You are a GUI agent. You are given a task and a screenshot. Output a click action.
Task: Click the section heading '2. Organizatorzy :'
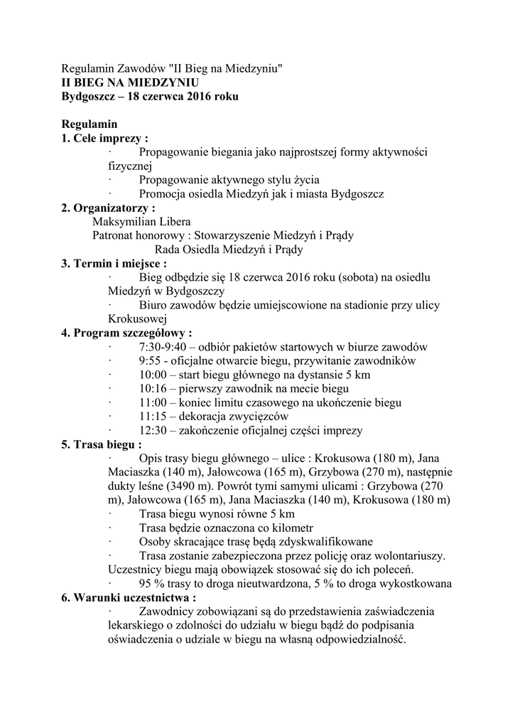coord(108,208)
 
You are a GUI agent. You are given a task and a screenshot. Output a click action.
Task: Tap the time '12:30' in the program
coord(155,430)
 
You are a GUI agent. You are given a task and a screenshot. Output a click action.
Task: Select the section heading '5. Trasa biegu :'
coord(101,444)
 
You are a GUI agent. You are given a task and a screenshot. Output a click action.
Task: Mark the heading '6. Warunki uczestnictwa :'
coord(129,597)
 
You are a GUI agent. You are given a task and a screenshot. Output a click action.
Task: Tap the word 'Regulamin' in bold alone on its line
coord(89,124)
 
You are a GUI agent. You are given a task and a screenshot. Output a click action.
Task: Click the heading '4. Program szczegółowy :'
coord(126,333)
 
